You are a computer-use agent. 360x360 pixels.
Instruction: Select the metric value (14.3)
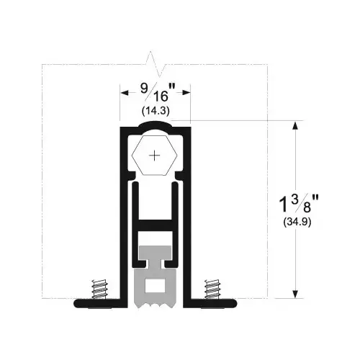155,111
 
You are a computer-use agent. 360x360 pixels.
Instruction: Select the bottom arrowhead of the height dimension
294,292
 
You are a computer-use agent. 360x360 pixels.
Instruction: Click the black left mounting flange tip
77,303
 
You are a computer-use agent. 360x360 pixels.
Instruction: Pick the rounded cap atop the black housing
155,127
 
